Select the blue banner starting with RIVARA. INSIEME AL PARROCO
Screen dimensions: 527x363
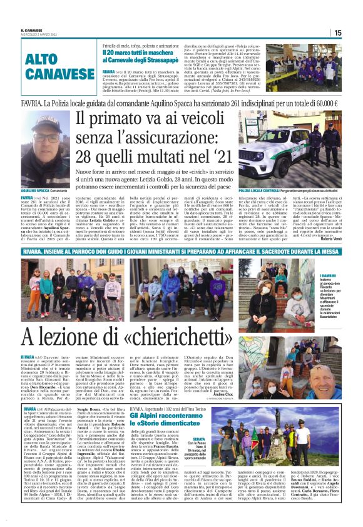[x=181, y=250]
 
